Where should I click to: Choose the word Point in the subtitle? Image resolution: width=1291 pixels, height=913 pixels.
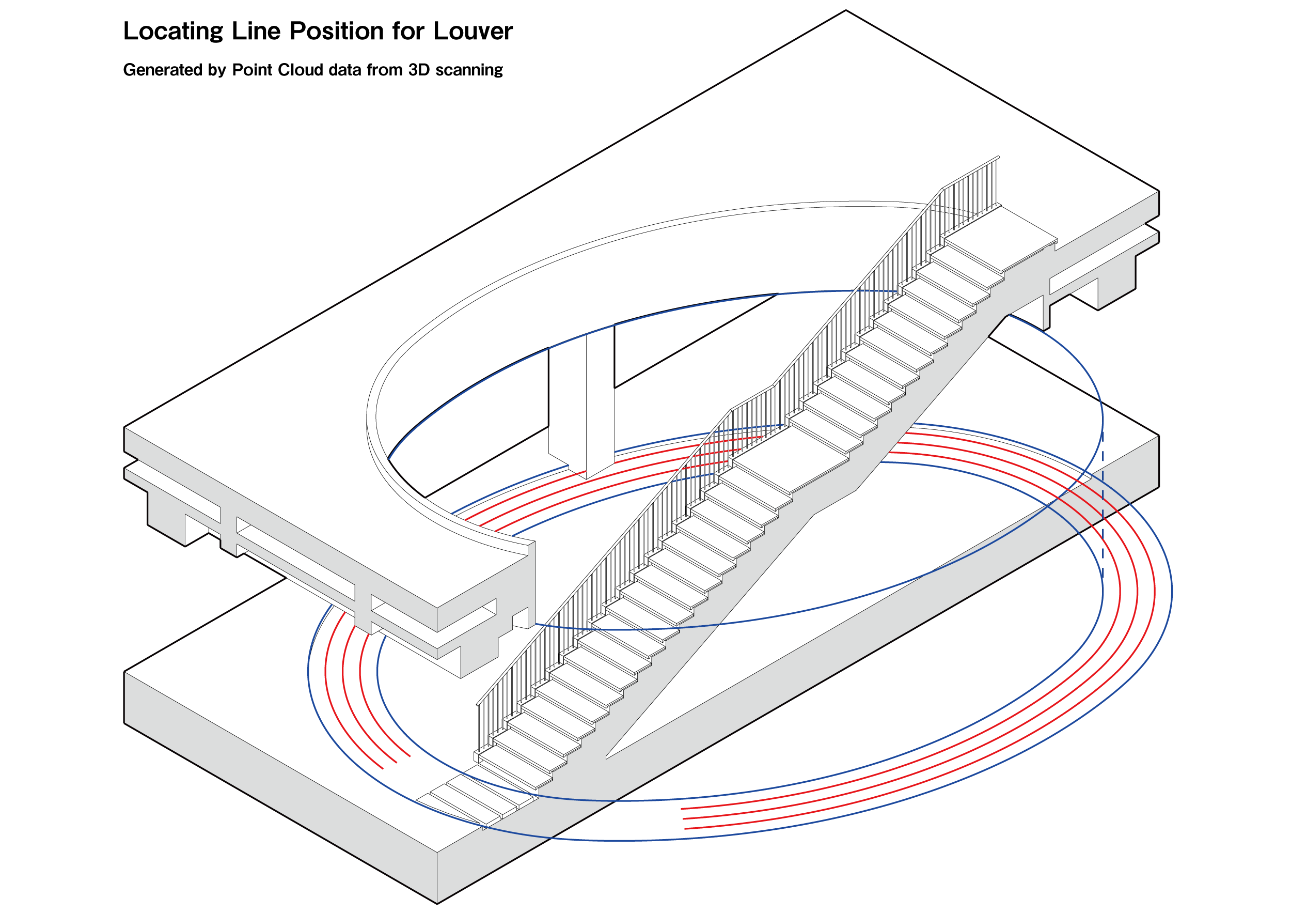253,70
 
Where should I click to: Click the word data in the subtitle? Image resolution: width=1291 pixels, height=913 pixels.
344,70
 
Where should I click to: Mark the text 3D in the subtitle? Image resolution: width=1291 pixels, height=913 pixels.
419,70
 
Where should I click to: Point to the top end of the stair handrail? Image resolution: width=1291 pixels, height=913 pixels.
998,158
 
